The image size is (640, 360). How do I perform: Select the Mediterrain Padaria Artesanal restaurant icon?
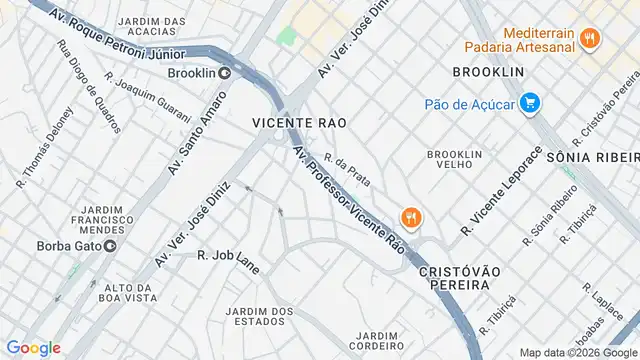[591, 39]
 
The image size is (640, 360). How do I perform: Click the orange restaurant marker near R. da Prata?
[409, 217]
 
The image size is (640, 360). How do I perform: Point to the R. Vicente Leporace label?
[501, 191]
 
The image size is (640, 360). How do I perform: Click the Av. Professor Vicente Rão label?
[349, 197]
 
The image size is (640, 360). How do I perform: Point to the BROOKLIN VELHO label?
[455, 160]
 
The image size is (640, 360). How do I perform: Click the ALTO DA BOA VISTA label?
[127, 294]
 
